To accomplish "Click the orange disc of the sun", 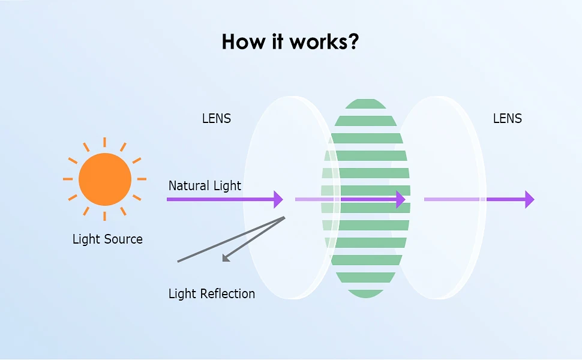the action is pos(105,179).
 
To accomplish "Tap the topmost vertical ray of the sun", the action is pos(104,142).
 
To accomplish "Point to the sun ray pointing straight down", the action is pos(104,216).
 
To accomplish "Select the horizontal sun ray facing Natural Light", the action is pos(142,179).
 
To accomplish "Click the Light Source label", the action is pos(107,239).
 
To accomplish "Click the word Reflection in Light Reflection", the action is pos(227,293).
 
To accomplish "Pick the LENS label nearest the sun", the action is pos(217,118).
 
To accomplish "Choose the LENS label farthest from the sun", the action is pos(508,118).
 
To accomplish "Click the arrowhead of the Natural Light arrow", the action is pos(278,199).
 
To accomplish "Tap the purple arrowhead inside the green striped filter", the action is pos(401,199).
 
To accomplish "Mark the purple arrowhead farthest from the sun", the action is pos(530,199).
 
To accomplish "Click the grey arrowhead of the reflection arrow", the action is pos(226,259).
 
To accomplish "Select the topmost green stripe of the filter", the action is pos(365,104).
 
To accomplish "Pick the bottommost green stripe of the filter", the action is pos(365,293).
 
